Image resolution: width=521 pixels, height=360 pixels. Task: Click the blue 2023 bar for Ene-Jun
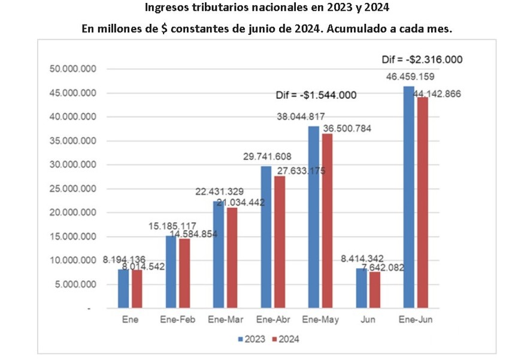click(x=408, y=197)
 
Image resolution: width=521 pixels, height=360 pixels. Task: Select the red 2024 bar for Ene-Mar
click(x=231, y=258)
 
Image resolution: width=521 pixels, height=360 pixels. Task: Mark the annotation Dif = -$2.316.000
click(x=422, y=60)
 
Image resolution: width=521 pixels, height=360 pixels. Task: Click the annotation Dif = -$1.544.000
click(x=316, y=95)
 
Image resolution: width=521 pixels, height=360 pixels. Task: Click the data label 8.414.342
click(x=362, y=259)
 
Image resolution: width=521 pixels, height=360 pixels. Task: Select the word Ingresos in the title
click(x=167, y=9)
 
